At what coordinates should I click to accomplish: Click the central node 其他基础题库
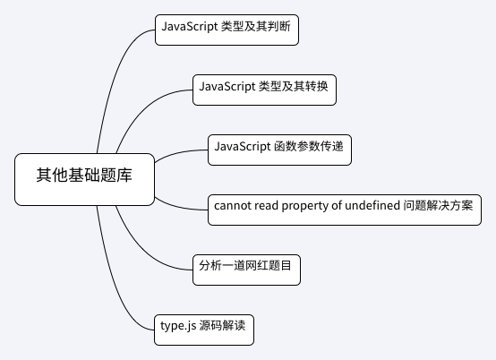(x=84, y=179)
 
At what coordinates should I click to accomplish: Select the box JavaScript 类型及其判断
(x=227, y=30)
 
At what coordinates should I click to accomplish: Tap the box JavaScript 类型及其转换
(x=264, y=90)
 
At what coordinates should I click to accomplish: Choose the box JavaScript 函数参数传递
(x=279, y=150)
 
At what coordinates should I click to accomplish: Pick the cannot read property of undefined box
(x=345, y=210)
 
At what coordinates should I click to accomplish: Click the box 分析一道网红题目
(x=246, y=270)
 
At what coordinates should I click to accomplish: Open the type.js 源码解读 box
(x=204, y=330)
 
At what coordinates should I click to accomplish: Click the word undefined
(x=372, y=206)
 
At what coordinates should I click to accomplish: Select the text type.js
(x=178, y=326)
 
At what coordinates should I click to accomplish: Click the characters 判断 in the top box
(x=278, y=26)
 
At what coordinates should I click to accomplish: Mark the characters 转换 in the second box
(x=316, y=86)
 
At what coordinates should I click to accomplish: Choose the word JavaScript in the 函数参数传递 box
(x=243, y=147)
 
